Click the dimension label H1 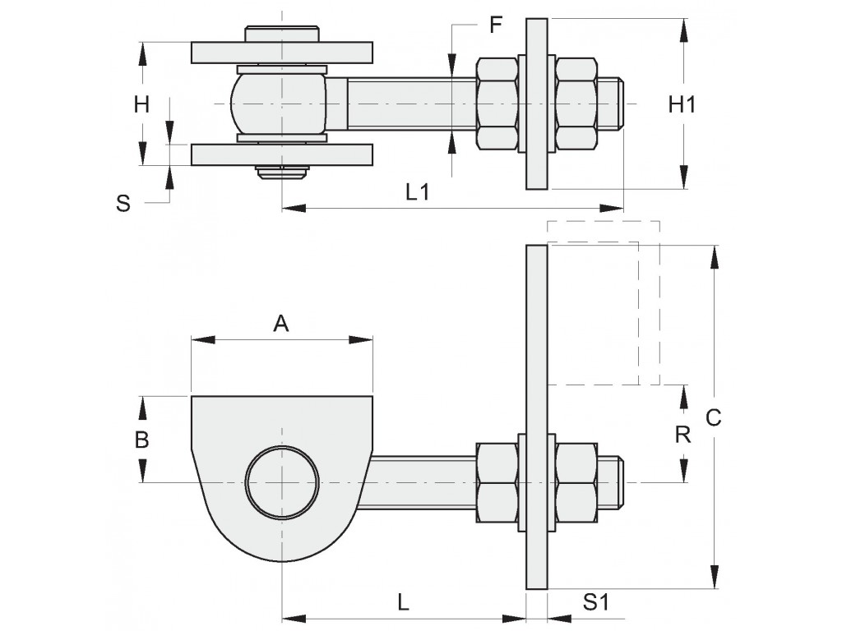(682, 104)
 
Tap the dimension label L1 (418, 192)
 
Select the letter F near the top (495, 25)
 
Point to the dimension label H (142, 104)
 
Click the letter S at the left (123, 203)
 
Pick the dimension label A (281, 325)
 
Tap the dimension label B (142, 440)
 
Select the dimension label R (682, 434)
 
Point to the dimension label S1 (596, 602)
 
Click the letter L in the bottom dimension (403, 602)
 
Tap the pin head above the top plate (281, 35)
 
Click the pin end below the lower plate (282, 173)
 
